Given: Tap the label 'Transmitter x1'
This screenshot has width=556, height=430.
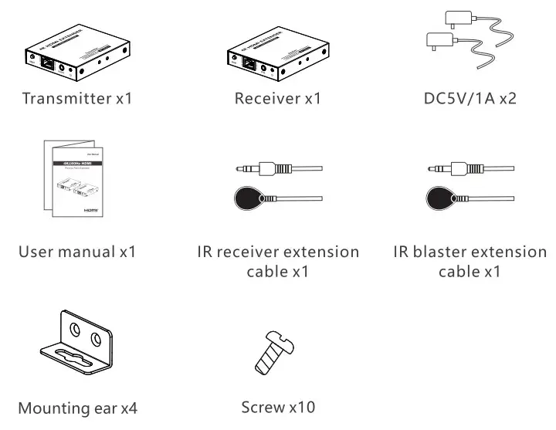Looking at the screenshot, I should (x=77, y=98).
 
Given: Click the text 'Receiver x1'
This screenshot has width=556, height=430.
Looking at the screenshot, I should (x=277, y=98).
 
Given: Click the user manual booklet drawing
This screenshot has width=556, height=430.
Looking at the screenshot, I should (x=72, y=181).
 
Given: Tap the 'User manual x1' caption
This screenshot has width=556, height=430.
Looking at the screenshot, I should (x=78, y=252).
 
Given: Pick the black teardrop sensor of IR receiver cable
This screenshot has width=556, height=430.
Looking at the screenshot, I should (x=249, y=198).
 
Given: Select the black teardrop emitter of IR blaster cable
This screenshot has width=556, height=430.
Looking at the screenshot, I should (x=442, y=198).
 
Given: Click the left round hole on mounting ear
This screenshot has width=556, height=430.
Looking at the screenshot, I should (x=75, y=330).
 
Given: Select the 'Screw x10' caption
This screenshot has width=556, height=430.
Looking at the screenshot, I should (x=278, y=406).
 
